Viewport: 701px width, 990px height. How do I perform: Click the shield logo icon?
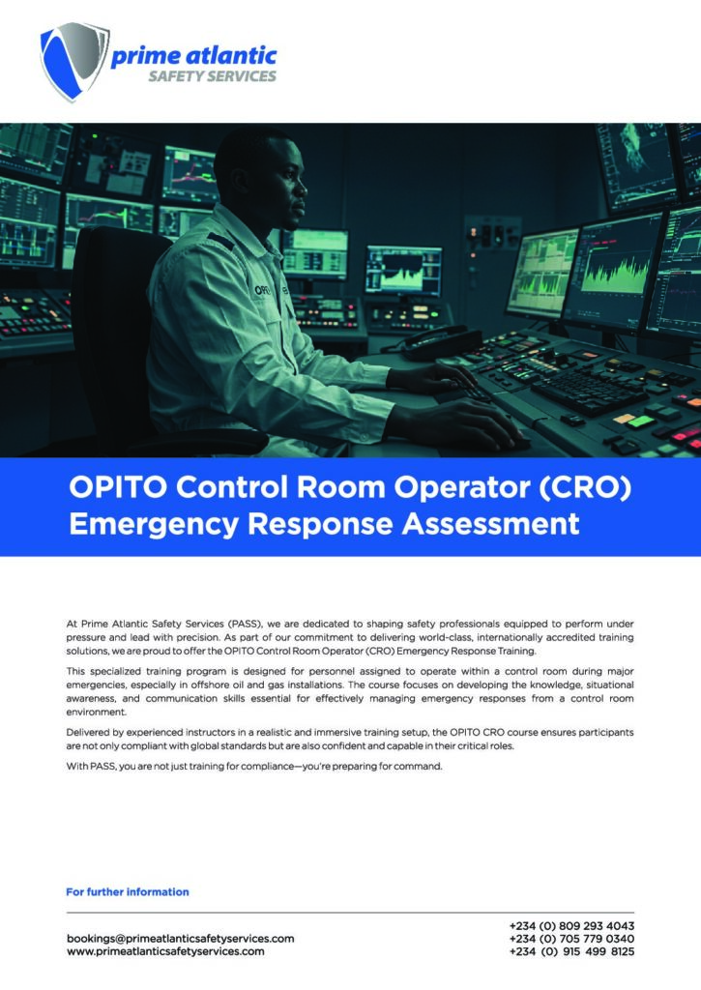coord(73,59)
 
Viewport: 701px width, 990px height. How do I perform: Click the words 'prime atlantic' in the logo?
coord(193,56)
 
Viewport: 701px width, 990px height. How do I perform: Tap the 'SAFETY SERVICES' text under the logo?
coord(212,77)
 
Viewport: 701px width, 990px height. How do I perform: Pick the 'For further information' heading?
coord(128,891)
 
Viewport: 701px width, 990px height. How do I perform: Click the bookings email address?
coord(180,938)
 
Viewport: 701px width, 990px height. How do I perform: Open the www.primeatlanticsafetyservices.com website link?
coord(165,951)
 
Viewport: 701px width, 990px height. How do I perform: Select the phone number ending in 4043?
coord(571,925)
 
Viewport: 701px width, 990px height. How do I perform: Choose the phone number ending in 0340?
coord(571,938)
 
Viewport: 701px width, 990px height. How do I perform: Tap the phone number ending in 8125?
coord(571,951)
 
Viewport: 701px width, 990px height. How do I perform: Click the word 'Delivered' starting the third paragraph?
coord(88,732)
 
